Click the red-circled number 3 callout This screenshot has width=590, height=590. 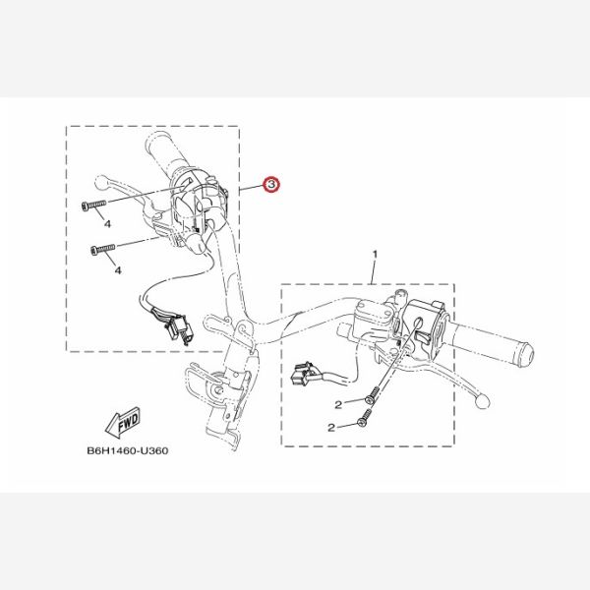(271, 184)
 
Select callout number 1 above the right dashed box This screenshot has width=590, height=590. (375, 255)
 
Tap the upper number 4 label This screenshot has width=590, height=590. (107, 224)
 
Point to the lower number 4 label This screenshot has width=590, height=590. (118, 270)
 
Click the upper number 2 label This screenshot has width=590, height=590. (338, 405)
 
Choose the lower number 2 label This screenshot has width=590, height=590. (331, 428)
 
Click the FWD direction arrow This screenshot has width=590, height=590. (123, 423)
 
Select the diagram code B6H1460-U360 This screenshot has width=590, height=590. (128, 450)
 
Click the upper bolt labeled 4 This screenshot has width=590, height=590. (94, 205)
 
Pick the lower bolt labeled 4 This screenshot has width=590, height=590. (103, 249)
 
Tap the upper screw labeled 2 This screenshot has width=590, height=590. (371, 397)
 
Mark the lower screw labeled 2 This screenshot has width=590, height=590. (365, 418)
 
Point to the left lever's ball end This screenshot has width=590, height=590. (100, 183)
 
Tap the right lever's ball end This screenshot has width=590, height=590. (483, 401)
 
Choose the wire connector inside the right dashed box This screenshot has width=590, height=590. (302, 374)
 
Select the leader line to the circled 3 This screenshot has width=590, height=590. (252, 187)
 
